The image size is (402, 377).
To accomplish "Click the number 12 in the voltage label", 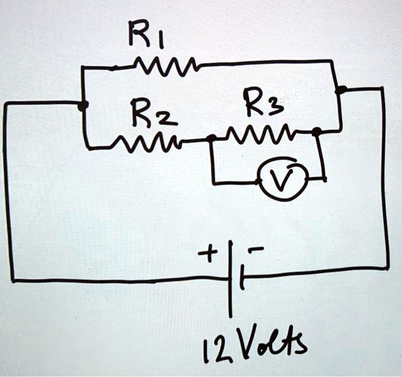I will pyautogui.click(x=212, y=346).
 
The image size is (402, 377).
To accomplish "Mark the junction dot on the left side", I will pyautogui.click(x=83, y=105).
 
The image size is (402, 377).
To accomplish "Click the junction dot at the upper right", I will pyautogui.click(x=341, y=90).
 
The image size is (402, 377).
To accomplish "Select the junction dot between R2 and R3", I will pyautogui.click(x=211, y=138).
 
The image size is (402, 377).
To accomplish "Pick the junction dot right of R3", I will pyautogui.click(x=316, y=132).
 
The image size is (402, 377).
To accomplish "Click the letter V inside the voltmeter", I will pyautogui.click(x=281, y=179).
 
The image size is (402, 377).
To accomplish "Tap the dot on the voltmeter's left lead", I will pyautogui.click(x=258, y=182).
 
